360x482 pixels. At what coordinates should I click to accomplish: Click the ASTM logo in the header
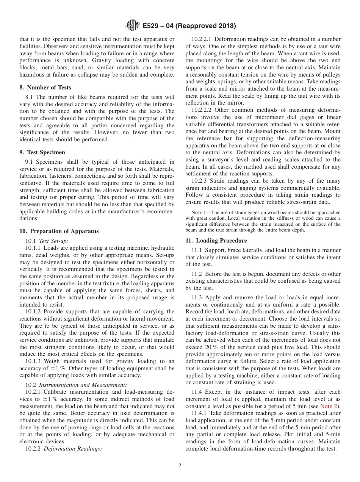(x=133, y=26)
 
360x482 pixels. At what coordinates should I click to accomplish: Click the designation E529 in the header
(x=151, y=26)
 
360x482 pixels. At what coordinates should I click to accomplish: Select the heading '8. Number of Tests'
(x=45, y=88)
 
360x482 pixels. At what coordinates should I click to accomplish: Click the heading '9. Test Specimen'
(x=42, y=152)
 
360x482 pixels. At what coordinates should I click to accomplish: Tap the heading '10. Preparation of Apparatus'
(x=59, y=231)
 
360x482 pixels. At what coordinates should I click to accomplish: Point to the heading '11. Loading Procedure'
(x=216, y=241)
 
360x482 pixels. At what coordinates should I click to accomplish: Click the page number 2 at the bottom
(x=180, y=466)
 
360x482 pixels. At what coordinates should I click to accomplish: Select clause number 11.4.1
(x=199, y=413)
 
